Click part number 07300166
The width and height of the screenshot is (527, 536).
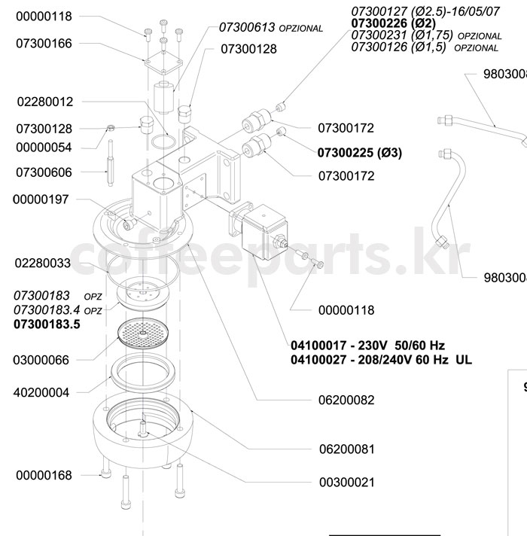(x=44, y=44)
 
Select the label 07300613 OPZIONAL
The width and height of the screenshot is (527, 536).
(x=271, y=28)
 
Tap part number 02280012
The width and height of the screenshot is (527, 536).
(x=44, y=101)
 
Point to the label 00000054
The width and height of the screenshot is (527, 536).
(x=44, y=148)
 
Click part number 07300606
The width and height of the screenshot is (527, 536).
(x=44, y=172)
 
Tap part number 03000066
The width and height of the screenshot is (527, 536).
(x=44, y=360)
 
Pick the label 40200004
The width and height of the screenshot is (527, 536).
(x=44, y=392)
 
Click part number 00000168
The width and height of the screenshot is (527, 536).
(x=44, y=475)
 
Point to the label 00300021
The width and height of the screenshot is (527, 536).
(x=346, y=482)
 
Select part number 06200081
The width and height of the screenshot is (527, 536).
(x=346, y=449)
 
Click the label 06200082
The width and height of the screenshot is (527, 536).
(x=346, y=400)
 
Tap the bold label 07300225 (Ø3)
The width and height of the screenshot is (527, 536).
(x=359, y=153)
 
